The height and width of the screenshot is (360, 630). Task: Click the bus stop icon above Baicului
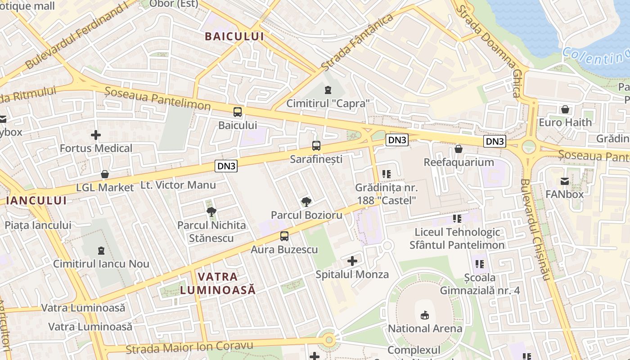pos(237,112)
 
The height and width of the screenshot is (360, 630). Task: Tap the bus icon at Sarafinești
pos(316,146)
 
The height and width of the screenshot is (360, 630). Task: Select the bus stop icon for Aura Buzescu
pos(284,236)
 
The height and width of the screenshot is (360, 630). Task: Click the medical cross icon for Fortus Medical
pos(96,135)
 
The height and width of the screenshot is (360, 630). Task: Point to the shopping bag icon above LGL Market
pos(105,174)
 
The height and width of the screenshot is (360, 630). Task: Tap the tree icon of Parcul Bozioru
pos(306,202)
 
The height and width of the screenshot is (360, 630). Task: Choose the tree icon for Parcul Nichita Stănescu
pos(211,211)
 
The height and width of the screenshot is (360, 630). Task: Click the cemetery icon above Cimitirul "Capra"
pos(328,90)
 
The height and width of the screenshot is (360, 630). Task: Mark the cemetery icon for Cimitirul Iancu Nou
pos(101,250)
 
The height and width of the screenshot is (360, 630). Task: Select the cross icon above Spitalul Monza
pos(352,261)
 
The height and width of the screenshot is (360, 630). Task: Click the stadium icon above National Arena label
pos(424,315)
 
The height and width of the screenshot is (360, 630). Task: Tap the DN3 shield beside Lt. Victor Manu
pos(226,166)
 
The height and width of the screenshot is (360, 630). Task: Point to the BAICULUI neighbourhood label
pos(234,36)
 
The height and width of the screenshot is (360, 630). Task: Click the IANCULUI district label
pos(36,201)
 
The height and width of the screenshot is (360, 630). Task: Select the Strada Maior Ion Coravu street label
pos(189,347)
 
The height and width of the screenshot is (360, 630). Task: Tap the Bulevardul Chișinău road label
pos(535,229)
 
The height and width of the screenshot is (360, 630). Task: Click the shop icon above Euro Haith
pos(565,109)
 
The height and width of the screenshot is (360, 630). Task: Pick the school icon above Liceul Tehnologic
pos(457,219)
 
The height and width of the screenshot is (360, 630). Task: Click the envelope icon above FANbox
pos(564,181)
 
